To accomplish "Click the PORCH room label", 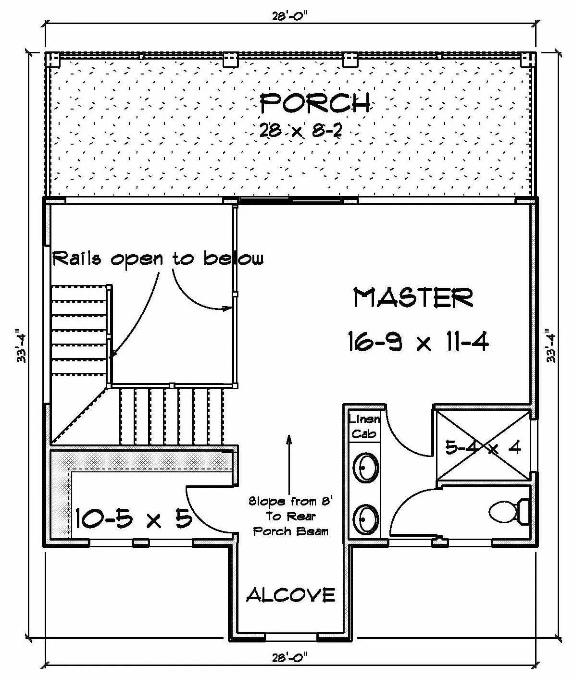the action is [315, 103].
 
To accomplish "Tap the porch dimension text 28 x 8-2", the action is [300, 131].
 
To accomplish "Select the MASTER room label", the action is [413, 297].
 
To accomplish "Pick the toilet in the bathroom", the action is [509, 511].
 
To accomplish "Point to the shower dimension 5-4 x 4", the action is [483, 448].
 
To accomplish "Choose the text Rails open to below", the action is [158, 259].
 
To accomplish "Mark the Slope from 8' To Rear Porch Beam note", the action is [291, 516].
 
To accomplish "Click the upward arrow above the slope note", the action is [289, 464].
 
